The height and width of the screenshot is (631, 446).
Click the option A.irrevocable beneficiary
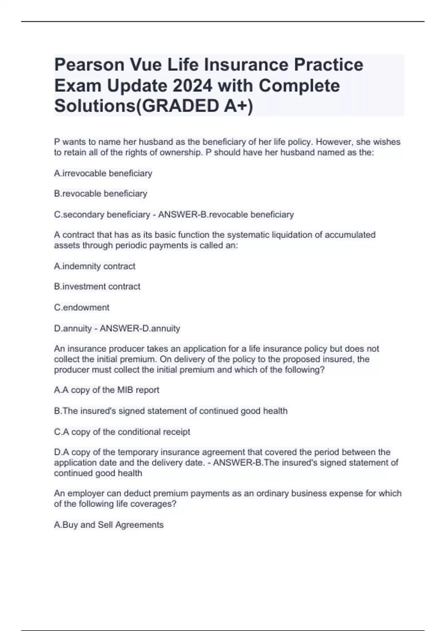(x=103, y=173)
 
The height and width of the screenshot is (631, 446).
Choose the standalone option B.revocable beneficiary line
(x=101, y=194)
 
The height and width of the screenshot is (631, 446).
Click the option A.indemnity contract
(x=95, y=266)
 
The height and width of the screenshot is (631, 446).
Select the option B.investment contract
(x=97, y=287)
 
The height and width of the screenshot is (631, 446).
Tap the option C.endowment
(x=82, y=307)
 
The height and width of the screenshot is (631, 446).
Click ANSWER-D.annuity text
(x=140, y=328)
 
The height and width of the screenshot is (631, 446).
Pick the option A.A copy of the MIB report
(x=107, y=390)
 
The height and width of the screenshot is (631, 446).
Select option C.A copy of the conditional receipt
(x=122, y=432)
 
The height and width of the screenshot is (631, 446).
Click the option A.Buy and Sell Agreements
(x=109, y=524)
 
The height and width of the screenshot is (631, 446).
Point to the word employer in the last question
(x=84, y=493)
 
